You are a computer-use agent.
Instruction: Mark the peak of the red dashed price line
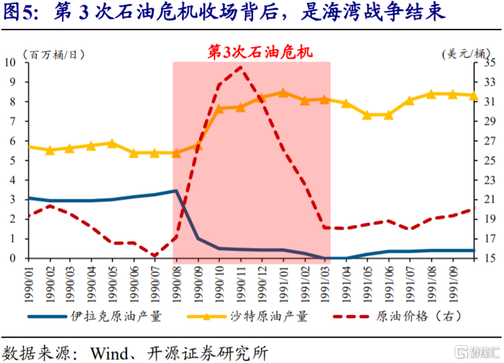tap(241, 67)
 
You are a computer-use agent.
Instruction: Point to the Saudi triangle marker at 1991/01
tap(283, 93)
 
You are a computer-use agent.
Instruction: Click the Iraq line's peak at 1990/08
tap(176, 191)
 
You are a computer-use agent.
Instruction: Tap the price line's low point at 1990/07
tap(154, 256)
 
